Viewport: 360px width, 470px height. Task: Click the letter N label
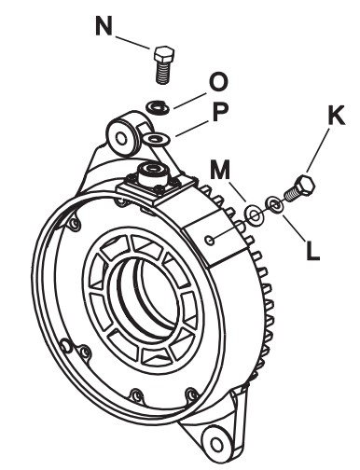pyautogui.click(x=104, y=25)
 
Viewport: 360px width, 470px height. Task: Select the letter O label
pyautogui.click(x=218, y=82)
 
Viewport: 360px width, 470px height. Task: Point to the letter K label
pyautogui.click(x=336, y=116)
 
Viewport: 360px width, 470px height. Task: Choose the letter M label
pyautogui.click(x=220, y=170)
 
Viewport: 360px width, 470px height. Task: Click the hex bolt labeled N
pyautogui.click(x=163, y=65)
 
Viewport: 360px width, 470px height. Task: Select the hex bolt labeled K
pyautogui.click(x=299, y=188)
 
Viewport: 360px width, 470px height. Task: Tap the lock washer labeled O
pyautogui.click(x=158, y=106)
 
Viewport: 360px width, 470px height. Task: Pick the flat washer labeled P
pyautogui.click(x=157, y=139)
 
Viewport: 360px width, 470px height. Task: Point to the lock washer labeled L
pyautogui.click(x=273, y=205)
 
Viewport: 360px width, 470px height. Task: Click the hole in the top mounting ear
pyautogui.click(x=121, y=138)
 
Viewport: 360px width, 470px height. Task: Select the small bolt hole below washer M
pyautogui.click(x=210, y=240)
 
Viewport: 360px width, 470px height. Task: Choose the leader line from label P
pyautogui.click(x=191, y=129)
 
